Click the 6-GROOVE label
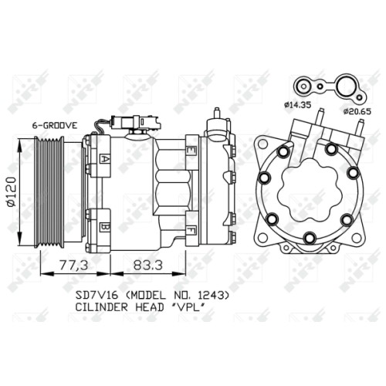point(54,125)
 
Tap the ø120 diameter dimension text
point(12,191)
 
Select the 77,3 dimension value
point(74,266)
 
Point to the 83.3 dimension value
point(148,266)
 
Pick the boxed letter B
point(105,227)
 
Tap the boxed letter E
point(191,151)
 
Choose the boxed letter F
point(191,229)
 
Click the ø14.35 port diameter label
point(297,105)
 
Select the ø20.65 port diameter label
point(357,111)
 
